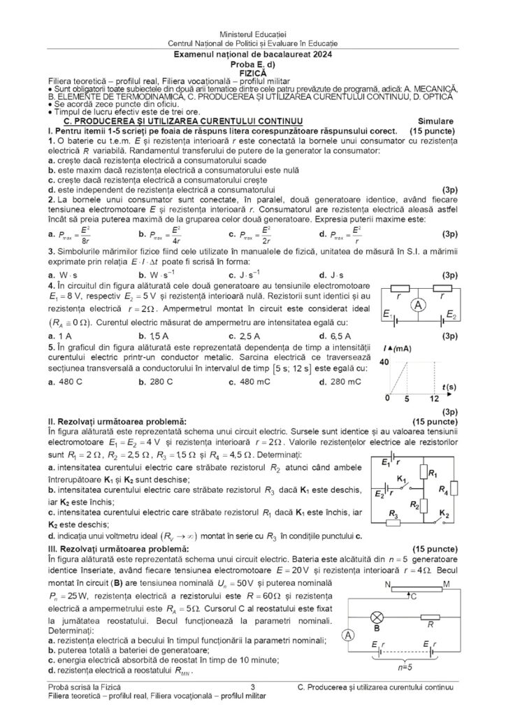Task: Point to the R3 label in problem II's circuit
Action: pyautogui.click(x=393, y=513)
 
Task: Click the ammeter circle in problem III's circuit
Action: pyautogui.click(x=347, y=635)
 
